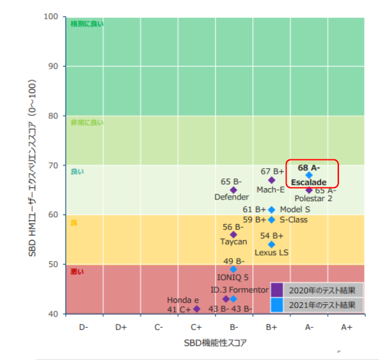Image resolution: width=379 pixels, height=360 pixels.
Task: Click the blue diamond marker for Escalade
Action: click(x=309, y=175)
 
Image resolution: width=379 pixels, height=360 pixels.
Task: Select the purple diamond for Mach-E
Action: click(x=272, y=180)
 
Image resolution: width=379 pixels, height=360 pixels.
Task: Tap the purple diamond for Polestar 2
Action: click(x=309, y=190)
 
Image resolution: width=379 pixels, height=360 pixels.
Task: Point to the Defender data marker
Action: click(x=233, y=190)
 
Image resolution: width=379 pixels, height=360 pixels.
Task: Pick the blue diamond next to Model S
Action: click(x=272, y=210)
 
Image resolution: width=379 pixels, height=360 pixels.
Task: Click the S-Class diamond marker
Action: click(x=272, y=219)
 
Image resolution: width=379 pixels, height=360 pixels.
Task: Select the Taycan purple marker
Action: click(x=233, y=235)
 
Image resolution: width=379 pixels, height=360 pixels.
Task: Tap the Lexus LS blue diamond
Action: click(x=272, y=244)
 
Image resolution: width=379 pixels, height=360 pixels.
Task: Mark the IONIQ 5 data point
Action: click(x=233, y=269)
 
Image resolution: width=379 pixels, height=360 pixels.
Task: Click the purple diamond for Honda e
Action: click(x=196, y=309)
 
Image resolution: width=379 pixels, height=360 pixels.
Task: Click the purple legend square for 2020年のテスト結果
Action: click(x=277, y=290)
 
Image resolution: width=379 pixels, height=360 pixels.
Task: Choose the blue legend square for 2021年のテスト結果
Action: click(x=277, y=304)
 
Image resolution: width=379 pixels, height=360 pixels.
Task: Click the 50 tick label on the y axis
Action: click(x=54, y=264)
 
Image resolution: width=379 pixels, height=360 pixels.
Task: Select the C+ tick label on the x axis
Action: click(x=196, y=327)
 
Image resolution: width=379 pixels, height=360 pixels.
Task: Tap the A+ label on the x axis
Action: click(x=346, y=327)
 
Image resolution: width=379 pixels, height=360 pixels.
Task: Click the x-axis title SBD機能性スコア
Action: click(x=215, y=343)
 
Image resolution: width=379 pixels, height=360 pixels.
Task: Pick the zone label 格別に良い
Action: click(x=87, y=24)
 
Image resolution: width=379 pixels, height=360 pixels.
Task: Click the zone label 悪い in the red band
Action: click(x=78, y=272)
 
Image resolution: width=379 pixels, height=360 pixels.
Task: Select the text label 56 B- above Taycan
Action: click(x=233, y=227)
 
